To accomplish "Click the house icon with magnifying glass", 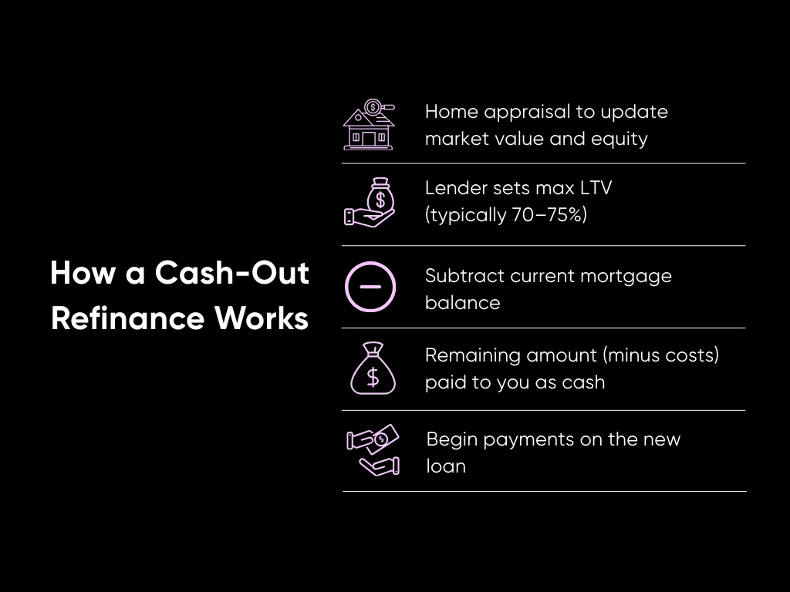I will pyautogui.click(x=369, y=124).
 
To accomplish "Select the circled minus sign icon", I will pyautogui.click(x=370, y=287).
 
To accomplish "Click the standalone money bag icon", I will pyautogui.click(x=373, y=369).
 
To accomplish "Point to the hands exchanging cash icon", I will pyautogui.click(x=373, y=451).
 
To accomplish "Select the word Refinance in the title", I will pyautogui.click(x=128, y=318).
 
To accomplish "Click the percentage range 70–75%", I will pyautogui.click(x=549, y=214).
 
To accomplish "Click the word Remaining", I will pyautogui.click(x=473, y=355).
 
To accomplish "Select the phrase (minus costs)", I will pyautogui.click(x=661, y=355).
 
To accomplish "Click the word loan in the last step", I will pyautogui.click(x=446, y=466).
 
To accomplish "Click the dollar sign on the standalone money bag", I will pyautogui.click(x=373, y=377).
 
